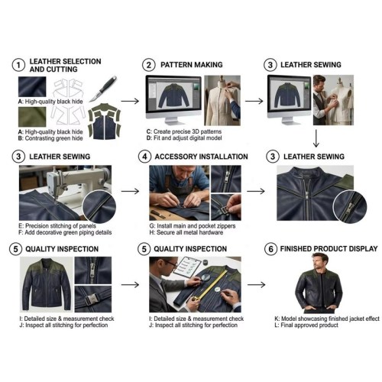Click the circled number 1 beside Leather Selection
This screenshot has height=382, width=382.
(x=18, y=65)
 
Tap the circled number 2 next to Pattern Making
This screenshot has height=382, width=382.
(x=149, y=65)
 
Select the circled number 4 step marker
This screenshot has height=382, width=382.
(x=144, y=157)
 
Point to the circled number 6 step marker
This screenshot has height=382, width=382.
(x=270, y=249)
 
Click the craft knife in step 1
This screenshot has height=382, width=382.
(x=103, y=89)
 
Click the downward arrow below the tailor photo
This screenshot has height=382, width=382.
(x=316, y=138)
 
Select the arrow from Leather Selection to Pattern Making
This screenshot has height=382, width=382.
(x=130, y=101)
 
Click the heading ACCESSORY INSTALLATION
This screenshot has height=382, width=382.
(x=202, y=157)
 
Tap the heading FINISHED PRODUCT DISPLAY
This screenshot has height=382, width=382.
(x=329, y=248)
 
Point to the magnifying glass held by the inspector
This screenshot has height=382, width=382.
(x=206, y=277)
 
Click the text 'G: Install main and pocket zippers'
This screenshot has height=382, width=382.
(x=193, y=226)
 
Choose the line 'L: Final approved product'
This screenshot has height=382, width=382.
(x=306, y=325)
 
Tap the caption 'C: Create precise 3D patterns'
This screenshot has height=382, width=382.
(x=184, y=131)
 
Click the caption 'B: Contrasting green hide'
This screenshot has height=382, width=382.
(x=50, y=138)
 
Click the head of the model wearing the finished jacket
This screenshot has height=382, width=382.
(x=320, y=262)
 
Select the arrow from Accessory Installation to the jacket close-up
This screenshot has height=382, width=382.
(x=256, y=191)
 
